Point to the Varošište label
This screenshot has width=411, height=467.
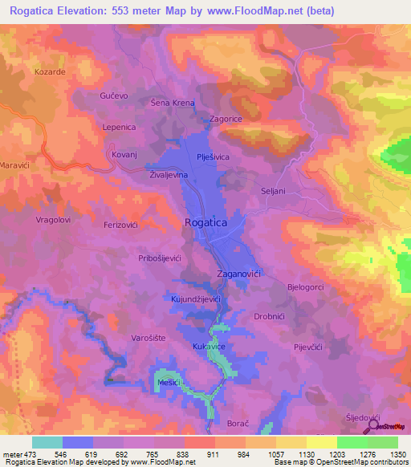(149, 338)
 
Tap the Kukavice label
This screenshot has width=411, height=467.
(209, 346)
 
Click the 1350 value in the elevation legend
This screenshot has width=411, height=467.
(397, 453)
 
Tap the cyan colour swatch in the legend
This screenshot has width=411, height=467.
(47, 442)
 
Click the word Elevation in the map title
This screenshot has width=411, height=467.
(92, 11)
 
